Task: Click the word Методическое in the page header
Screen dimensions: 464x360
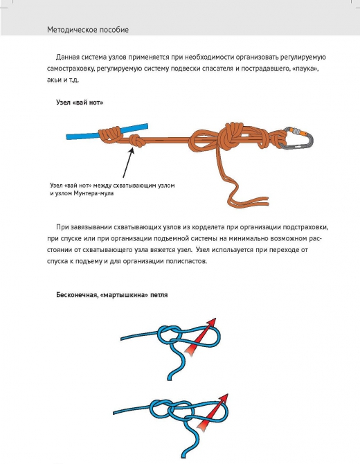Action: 72,30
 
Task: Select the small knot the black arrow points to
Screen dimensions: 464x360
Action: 137,141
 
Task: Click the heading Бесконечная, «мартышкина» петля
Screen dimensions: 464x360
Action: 113,295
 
